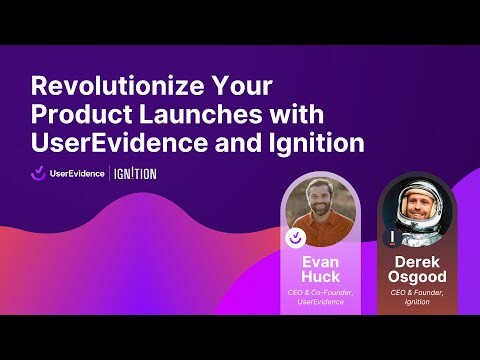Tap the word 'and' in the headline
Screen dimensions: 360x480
[238, 143]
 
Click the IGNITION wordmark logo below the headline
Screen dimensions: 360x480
[135, 173]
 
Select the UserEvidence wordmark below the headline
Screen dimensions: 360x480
[77, 173]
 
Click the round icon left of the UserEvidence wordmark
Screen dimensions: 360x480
[37, 173]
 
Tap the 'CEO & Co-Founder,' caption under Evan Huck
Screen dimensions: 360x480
[320, 292]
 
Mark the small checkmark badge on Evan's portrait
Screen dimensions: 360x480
[295, 238]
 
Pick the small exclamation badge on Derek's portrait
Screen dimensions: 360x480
[390, 238]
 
